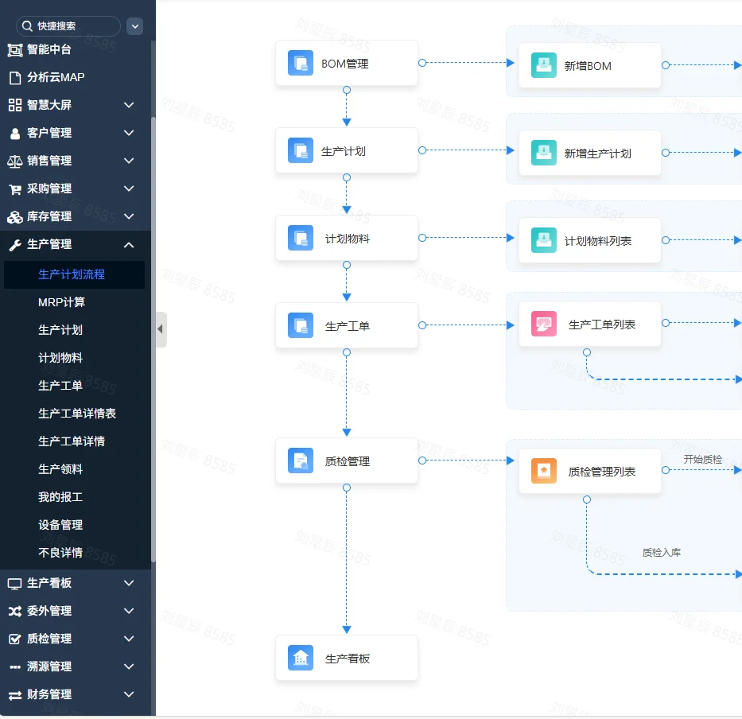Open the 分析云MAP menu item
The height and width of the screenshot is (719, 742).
pyautogui.click(x=56, y=77)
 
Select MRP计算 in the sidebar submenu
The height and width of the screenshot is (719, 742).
pyautogui.click(x=61, y=302)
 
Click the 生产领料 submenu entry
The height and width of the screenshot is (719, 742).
pyautogui.click(x=60, y=469)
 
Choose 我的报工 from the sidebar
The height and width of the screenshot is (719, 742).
pyautogui.click(x=60, y=497)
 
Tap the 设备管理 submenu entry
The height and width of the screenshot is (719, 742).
pyautogui.click(x=60, y=525)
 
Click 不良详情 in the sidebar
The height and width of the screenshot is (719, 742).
pyautogui.click(x=60, y=553)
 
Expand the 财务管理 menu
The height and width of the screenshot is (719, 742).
pyautogui.click(x=49, y=694)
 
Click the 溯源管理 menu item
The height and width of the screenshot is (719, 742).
pyautogui.click(x=49, y=667)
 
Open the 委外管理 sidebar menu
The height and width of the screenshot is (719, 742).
pyautogui.click(x=49, y=611)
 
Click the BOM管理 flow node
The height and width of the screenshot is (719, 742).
pyautogui.click(x=346, y=64)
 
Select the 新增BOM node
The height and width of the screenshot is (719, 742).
pyautogui.click(x=589, y=66)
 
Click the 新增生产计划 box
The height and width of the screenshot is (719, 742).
pyautogui.click(x=589, y=154)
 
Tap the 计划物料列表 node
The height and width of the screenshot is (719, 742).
pyautogui.click(x=589, y=241)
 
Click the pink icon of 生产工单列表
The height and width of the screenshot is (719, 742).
pyautogui.click(x=544, y=325)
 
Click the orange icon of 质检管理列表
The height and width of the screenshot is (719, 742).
pyautogui.click(x=544, y=472)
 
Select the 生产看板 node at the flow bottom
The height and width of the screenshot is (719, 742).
pyautogui.click(x=346, y=659)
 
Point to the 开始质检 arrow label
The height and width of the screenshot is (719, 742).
pyautogui.click(x=703, y=460)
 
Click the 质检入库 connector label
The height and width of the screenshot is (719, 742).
pyautogui.click(x=662, y=553)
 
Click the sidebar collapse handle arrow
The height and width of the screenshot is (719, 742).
pyautogui.click(x=161, y=329)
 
